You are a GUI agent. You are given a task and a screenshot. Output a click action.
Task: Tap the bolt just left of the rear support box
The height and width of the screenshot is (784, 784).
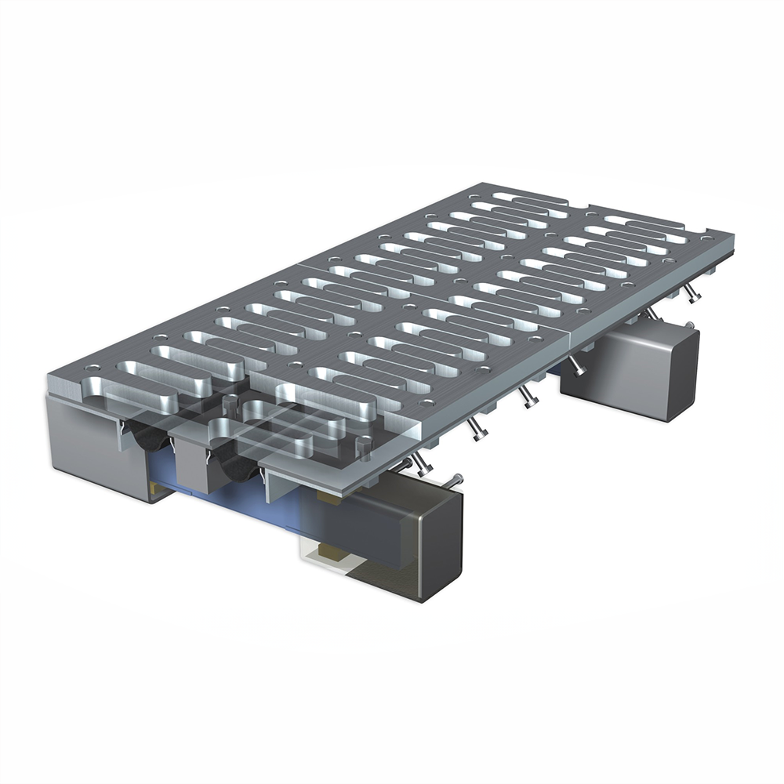pos(576,365)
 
